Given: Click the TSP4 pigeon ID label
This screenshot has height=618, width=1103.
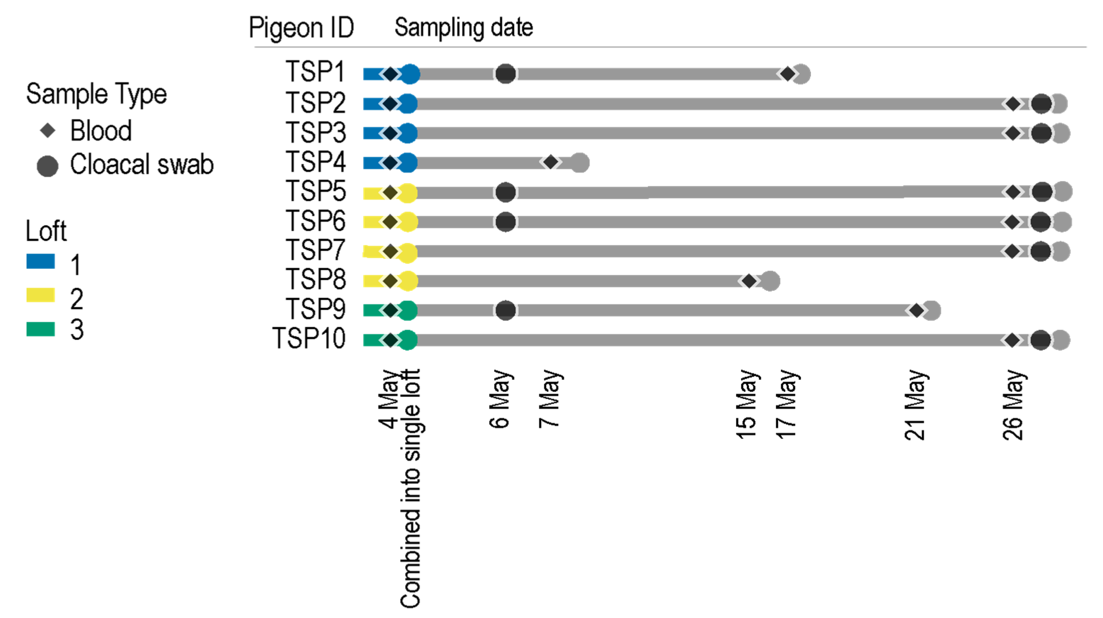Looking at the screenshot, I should point(316,162).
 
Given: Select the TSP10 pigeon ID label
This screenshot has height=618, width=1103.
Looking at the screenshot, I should point(309,339).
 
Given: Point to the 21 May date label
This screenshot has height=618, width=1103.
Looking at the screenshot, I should point(915,405).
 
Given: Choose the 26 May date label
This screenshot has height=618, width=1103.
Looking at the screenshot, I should point(1013,405).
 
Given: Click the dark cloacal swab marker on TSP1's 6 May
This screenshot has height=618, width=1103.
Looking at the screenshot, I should point(505,74).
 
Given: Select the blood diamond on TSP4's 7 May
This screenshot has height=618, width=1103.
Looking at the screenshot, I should point(551,162).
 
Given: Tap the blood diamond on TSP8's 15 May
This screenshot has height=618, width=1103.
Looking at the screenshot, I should point(749,281).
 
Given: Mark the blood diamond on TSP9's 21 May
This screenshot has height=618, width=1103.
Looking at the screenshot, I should point(916,310).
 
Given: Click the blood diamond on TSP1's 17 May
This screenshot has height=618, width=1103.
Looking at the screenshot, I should point(787,74).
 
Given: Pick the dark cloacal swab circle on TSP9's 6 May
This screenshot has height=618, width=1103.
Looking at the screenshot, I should point(505,310).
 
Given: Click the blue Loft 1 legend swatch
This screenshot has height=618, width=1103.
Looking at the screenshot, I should point(41,261).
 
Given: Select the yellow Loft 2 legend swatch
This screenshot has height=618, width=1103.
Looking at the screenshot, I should point(41,295).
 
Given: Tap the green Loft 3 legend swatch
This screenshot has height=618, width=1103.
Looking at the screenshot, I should point(41,329).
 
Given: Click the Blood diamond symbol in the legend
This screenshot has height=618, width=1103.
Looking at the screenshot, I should point(48,130).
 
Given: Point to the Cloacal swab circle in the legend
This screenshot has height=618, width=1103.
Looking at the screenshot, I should point(48,166).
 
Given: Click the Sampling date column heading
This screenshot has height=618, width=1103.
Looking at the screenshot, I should point(464,28).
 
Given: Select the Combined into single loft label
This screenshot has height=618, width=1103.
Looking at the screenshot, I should point(410,488).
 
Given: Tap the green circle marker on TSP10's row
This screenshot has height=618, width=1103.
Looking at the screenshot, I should point(408,340).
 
